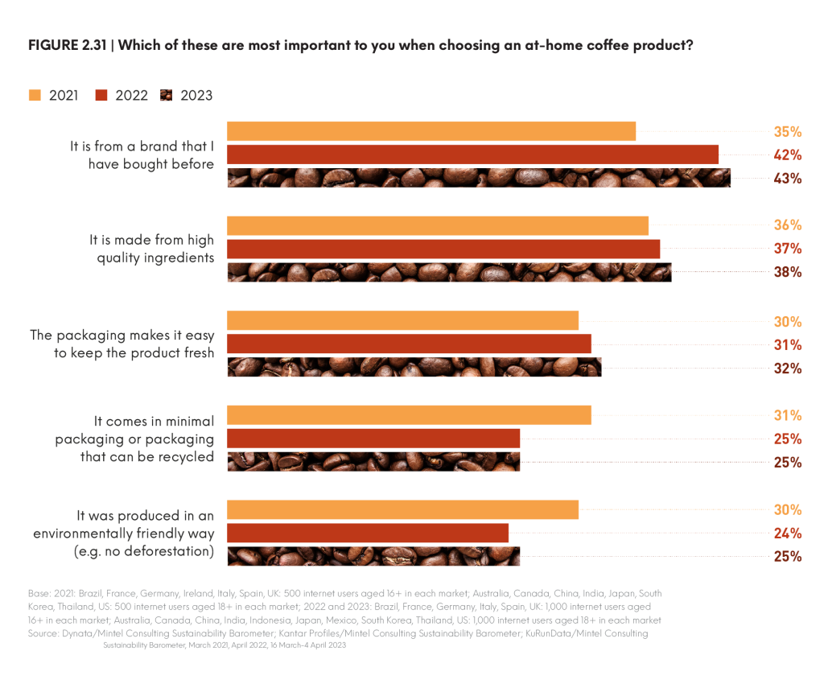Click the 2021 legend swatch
pyautogui.click(x=33, y=95)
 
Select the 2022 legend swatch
pyautogui.click(x=101, y=95)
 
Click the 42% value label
pyautogui.click(x=788, y=154)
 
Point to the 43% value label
pyautogui.click(x=788, y=178)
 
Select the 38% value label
pyautogui.click(x=788, y=272)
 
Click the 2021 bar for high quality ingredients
pyautogui.click(x=438, y=225)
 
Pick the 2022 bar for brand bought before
pyautogui.click(x=472, y=154)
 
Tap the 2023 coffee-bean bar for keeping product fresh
pyautogui.click(x=414, y=368)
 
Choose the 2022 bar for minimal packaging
pyautogui.click(x=373, y=439)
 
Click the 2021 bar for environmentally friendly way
pyautogui.click(x=402, y=509)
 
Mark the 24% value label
pyautogui.click(x=788, y=533)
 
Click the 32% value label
pyautogui.click(x=788, y=369)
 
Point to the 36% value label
pyautogui.click(x=788, y=225)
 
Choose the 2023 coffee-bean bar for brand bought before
pyautogui.click(x=479, y=178)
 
